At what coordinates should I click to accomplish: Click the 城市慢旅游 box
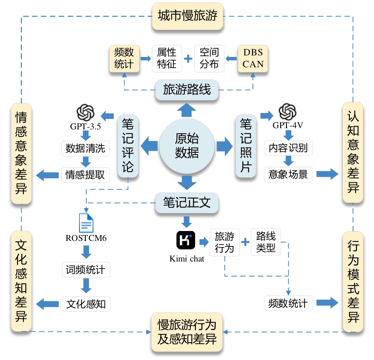click(188, 16)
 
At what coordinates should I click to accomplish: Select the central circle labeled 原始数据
click(187, 146)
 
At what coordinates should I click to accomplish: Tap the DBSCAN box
click(253, 59)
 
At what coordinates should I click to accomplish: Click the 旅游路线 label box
click(187, 90)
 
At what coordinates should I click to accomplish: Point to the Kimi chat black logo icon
click(186, 240)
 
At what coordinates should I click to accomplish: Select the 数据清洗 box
click(85, 149)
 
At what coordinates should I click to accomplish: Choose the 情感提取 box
click(85, 174)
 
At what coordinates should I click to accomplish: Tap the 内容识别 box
click(288, 148)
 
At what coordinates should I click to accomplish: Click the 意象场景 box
click(288, 174)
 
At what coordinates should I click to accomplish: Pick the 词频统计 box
click(86, 270)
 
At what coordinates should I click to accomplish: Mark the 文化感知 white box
click(86, 304)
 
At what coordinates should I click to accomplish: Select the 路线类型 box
click(266, 242)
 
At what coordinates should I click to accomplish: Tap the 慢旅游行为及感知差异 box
click(187, 333)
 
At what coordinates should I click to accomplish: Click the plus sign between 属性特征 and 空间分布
click(188, 59)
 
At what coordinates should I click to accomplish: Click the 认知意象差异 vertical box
click(353, 152)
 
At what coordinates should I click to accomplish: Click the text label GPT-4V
click(288, 126)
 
